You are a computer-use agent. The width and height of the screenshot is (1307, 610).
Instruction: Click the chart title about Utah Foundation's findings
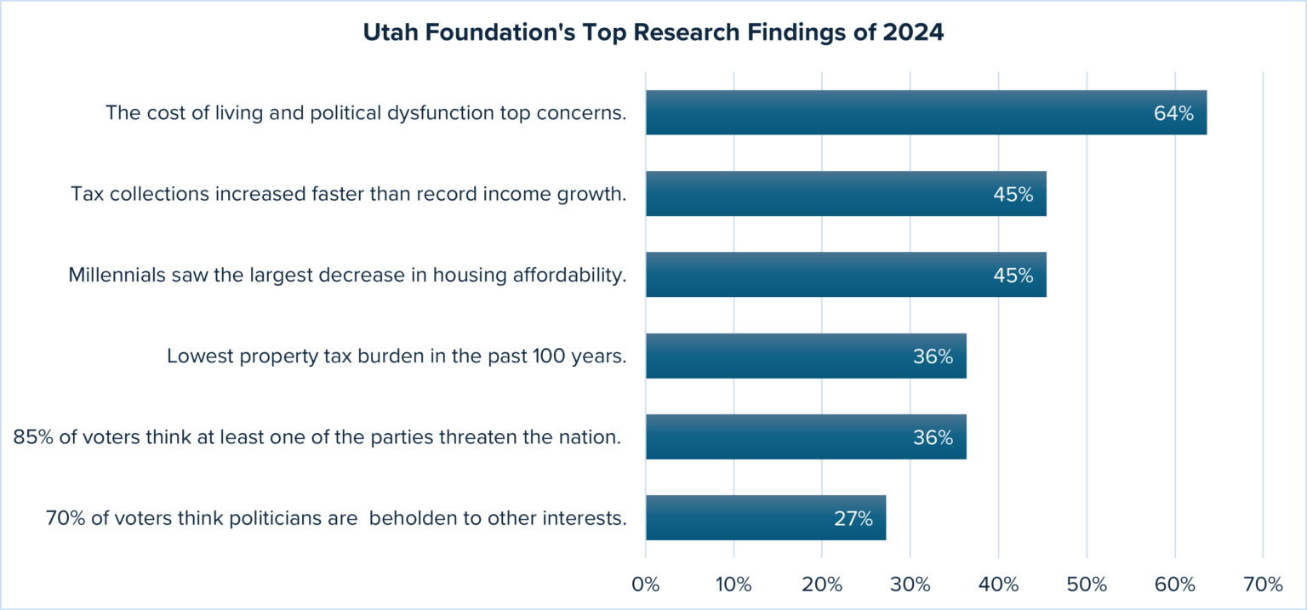653,33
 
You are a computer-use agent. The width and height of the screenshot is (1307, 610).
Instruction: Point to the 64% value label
1173,113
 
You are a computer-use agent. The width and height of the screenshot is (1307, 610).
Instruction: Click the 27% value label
853,518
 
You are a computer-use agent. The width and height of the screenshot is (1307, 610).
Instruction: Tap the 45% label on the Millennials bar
1013,275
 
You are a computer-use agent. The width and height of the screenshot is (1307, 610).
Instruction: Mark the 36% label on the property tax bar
933,356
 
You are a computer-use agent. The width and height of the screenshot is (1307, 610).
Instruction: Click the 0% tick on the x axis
646,584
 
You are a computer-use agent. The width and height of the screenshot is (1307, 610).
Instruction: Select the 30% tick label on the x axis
910,584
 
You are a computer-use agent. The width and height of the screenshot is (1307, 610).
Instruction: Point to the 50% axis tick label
1087,584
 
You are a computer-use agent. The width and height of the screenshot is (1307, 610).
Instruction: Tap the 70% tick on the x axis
1263,584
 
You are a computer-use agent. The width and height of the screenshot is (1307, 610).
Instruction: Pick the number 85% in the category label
31,437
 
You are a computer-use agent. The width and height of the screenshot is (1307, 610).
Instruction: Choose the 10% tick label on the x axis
733,584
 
